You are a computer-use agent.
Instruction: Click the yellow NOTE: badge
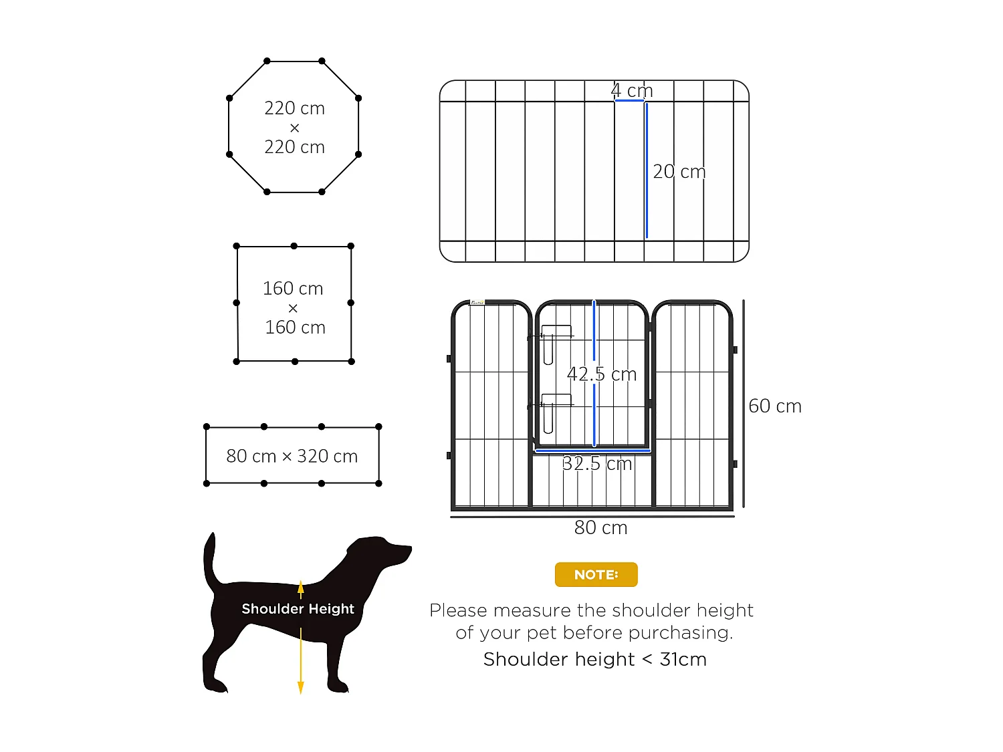596,575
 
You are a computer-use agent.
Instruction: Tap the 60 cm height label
774,406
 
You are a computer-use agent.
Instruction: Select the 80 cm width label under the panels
600,528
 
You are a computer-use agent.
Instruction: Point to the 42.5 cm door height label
601,374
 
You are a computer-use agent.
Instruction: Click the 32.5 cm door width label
596,464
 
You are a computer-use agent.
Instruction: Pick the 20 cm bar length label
679,172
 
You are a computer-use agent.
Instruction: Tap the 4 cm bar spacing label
631,90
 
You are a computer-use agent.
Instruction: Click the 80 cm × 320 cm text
292,457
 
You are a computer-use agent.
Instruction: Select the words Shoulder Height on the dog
298,609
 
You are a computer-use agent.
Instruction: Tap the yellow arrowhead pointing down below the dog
301,687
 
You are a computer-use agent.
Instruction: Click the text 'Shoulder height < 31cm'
594,660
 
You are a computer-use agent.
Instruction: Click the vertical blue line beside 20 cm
647,170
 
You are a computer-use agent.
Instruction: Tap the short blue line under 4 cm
629,101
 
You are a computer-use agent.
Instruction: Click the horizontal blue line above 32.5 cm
592,451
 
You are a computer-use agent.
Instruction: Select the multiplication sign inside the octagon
294,128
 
